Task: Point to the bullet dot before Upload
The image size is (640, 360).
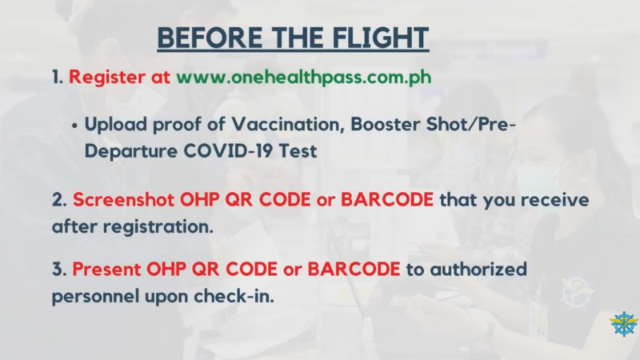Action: (74, 126)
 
